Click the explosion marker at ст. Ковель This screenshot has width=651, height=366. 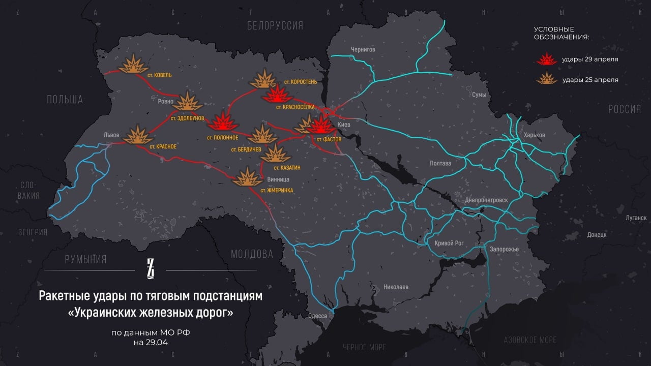coord(133,64)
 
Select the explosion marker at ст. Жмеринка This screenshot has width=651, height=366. coord(247,177)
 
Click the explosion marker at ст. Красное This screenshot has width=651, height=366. coord(138,135)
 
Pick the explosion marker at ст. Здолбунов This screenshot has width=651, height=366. coord(188,102)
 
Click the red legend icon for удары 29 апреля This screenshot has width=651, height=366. coord(547,59)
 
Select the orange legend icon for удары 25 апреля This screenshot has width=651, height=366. coord(547,79)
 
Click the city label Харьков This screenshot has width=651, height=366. coord(534,135)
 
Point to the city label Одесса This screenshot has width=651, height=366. coord(317,316)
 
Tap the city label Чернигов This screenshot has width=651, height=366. coord(363,49)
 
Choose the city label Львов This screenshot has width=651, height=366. coord(111,135)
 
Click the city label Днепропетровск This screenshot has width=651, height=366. coord(486,200)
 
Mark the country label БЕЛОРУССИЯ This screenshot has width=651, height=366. coord(275,25)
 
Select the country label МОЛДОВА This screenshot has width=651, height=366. coord(252,254)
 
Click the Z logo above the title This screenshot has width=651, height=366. coord(150,268)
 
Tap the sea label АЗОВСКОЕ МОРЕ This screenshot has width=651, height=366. coord(530,340)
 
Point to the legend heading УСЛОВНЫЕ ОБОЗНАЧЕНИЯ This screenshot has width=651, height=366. coord(561,33)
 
